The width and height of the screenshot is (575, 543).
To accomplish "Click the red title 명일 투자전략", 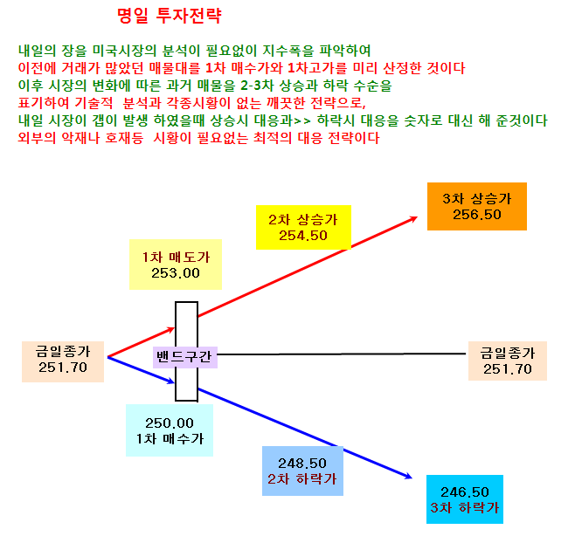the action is pos(170,16).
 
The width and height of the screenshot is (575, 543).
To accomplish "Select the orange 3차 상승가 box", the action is pos(477,206).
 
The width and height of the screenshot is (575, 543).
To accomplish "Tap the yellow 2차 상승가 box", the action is pos(303,227).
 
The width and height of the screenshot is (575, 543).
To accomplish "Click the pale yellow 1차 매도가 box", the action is pos(176,265).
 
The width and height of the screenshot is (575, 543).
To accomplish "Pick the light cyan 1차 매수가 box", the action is pos(170,430).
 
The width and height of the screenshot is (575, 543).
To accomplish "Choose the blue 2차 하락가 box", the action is pos(302,471).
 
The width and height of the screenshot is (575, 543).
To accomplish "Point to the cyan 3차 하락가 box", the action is pos(465,499).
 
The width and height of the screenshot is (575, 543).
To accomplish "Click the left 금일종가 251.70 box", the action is pos(63,361).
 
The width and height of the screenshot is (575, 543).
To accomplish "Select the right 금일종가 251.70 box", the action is pos(508,361).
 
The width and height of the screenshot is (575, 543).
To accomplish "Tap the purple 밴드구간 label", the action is pos(185,357).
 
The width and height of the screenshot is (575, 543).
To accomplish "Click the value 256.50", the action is pos(477,215).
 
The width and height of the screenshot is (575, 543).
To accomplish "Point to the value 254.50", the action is pos(303,235).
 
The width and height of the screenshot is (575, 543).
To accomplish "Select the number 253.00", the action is pos(176,273).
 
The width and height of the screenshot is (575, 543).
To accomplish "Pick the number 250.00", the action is pos(170,423).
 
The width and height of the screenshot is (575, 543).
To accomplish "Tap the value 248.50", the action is pos(302,464).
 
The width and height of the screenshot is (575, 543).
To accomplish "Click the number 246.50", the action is pos(465,492).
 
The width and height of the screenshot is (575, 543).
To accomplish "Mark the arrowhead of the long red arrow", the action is pos(415,218).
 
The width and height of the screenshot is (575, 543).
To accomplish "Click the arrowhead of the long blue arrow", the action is pos(409,477).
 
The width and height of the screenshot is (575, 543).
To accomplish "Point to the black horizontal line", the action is pos(342,354).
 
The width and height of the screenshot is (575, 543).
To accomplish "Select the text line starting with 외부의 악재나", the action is pos(198,138).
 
